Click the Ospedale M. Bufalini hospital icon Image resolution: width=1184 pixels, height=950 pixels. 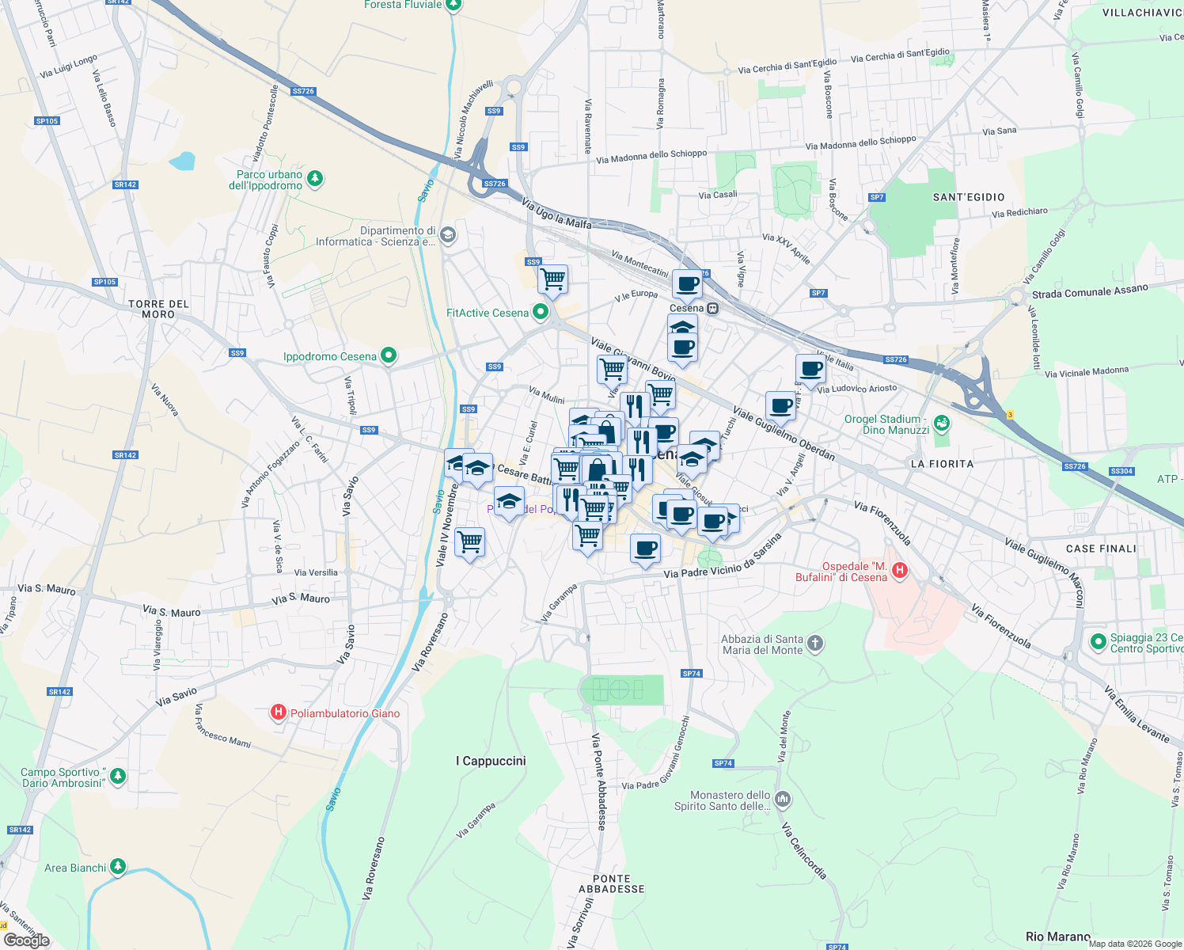899,571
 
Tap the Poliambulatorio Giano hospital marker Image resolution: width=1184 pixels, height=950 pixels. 278,712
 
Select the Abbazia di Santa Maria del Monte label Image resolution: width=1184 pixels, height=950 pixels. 762,644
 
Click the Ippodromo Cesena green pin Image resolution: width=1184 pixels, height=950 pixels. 388,355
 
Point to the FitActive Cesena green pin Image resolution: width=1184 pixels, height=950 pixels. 541,312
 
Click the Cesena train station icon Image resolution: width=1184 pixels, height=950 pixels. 713,308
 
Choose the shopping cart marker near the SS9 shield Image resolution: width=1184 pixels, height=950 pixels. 552,279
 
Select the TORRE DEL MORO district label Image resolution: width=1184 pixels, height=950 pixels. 158,309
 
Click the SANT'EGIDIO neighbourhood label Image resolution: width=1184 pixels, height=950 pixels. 969,197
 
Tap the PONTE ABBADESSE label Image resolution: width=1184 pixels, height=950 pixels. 611,883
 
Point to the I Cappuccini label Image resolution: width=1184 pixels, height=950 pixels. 491,761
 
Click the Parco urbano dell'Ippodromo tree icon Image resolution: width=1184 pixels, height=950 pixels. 315,178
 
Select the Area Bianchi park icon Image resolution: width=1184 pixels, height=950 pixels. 118,867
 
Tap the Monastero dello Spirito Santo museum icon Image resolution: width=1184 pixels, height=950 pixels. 783,799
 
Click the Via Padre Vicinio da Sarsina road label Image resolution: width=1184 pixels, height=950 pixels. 723,557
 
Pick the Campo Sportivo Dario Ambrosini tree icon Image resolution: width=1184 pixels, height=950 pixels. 118,775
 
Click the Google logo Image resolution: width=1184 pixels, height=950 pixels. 26,940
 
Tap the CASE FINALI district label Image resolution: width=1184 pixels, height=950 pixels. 1100,549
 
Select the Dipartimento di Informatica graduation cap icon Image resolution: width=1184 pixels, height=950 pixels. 447,234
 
